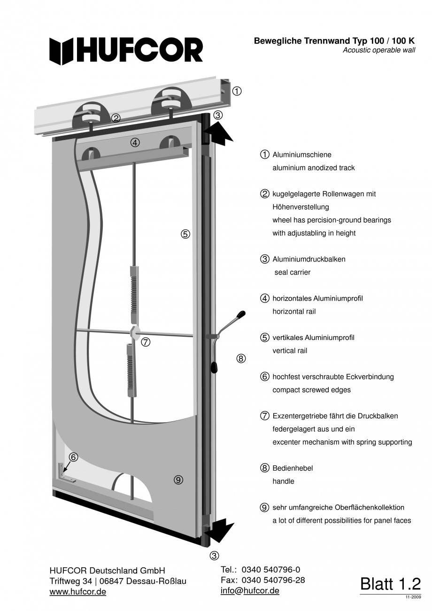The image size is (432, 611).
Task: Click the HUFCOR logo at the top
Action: (126, 51)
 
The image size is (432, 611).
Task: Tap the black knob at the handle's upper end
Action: (241, 313)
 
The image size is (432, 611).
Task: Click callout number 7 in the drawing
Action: (146, 342)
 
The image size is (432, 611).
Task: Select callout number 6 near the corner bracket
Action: (73, 456)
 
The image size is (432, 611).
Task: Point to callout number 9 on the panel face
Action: (178, 480)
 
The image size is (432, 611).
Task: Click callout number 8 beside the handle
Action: (240, 359)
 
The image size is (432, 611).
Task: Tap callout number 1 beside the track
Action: (237, 91)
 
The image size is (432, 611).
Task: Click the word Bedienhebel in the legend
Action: (293, 468)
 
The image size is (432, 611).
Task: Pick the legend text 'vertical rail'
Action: (290, 351)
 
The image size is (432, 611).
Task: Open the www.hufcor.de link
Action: (77, 592)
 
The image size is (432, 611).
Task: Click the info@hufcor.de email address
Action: (250, 591)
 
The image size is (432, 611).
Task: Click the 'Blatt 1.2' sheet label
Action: (390, 584)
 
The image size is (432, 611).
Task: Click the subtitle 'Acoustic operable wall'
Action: (378, 50)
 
